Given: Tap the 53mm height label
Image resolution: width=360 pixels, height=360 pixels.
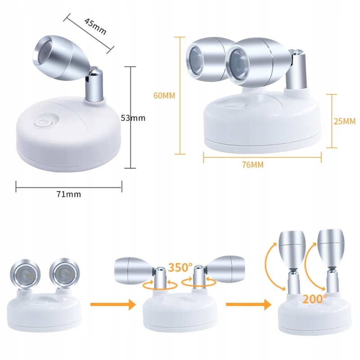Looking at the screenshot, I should [133, 118].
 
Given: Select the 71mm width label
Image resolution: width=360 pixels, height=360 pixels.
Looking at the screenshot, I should [69, 194].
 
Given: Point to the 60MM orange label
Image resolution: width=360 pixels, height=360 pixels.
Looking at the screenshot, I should [164, 95].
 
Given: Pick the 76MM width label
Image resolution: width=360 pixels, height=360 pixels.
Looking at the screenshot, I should [252, 164].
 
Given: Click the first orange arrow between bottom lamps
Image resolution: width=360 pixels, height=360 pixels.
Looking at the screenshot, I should [113, 305].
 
